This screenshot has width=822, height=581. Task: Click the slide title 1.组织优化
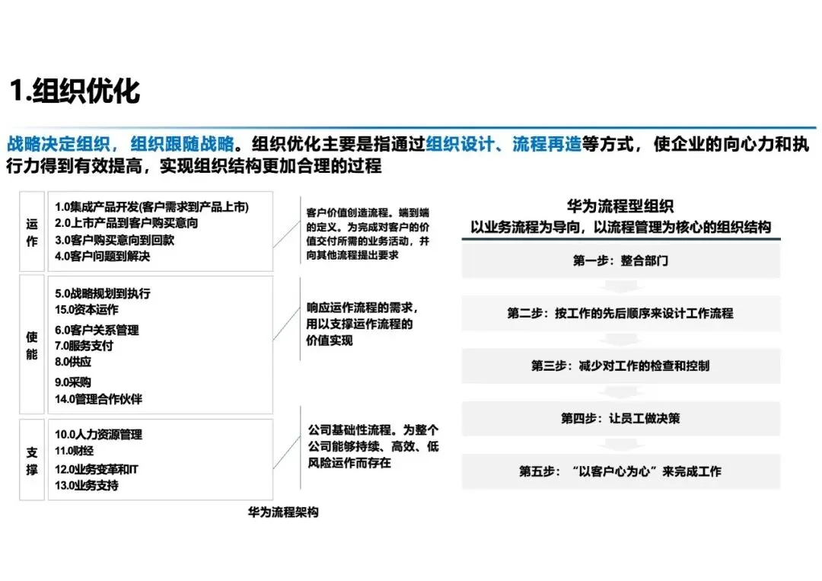point(75,91)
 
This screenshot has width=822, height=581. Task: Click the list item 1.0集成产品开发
point(151,206)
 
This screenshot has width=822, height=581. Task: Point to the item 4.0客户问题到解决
point(103,257)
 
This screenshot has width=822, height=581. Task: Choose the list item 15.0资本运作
point(87,310)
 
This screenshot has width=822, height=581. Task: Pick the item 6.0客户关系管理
point(97,330)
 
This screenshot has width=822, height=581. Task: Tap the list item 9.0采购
point(73,382)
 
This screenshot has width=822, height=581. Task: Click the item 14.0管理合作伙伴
point(99,399)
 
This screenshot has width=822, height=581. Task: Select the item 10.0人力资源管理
point(99,435)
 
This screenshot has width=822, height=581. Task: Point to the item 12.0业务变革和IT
point(97,469)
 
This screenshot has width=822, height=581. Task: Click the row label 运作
point(32,232)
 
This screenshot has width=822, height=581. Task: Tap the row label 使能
point(32,345)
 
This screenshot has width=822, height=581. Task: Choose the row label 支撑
point(32,461)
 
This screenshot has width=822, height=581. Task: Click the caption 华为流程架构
point(283,512)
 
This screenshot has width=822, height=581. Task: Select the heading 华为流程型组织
point(620,206)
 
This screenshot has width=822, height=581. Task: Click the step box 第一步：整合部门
point(620,260)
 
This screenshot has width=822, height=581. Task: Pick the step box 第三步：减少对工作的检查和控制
point(620,366)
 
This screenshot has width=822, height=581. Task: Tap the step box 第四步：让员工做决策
point(620,418)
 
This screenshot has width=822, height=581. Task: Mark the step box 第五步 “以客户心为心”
point(620,471)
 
